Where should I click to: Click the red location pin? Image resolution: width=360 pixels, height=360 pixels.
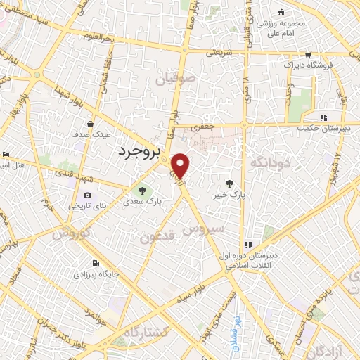[x=181, y=166]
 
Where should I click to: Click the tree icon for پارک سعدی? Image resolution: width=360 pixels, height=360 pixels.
[x=143, y=190]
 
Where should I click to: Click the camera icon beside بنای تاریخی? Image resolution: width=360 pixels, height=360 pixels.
[x=86, y=195]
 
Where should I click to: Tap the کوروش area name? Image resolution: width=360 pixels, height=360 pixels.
[x=71, y=232]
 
